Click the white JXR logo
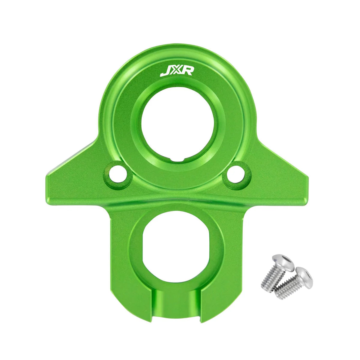click(x=177, y=72)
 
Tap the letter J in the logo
click(x=164, y=72)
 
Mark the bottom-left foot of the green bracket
click(x=132, y=312)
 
